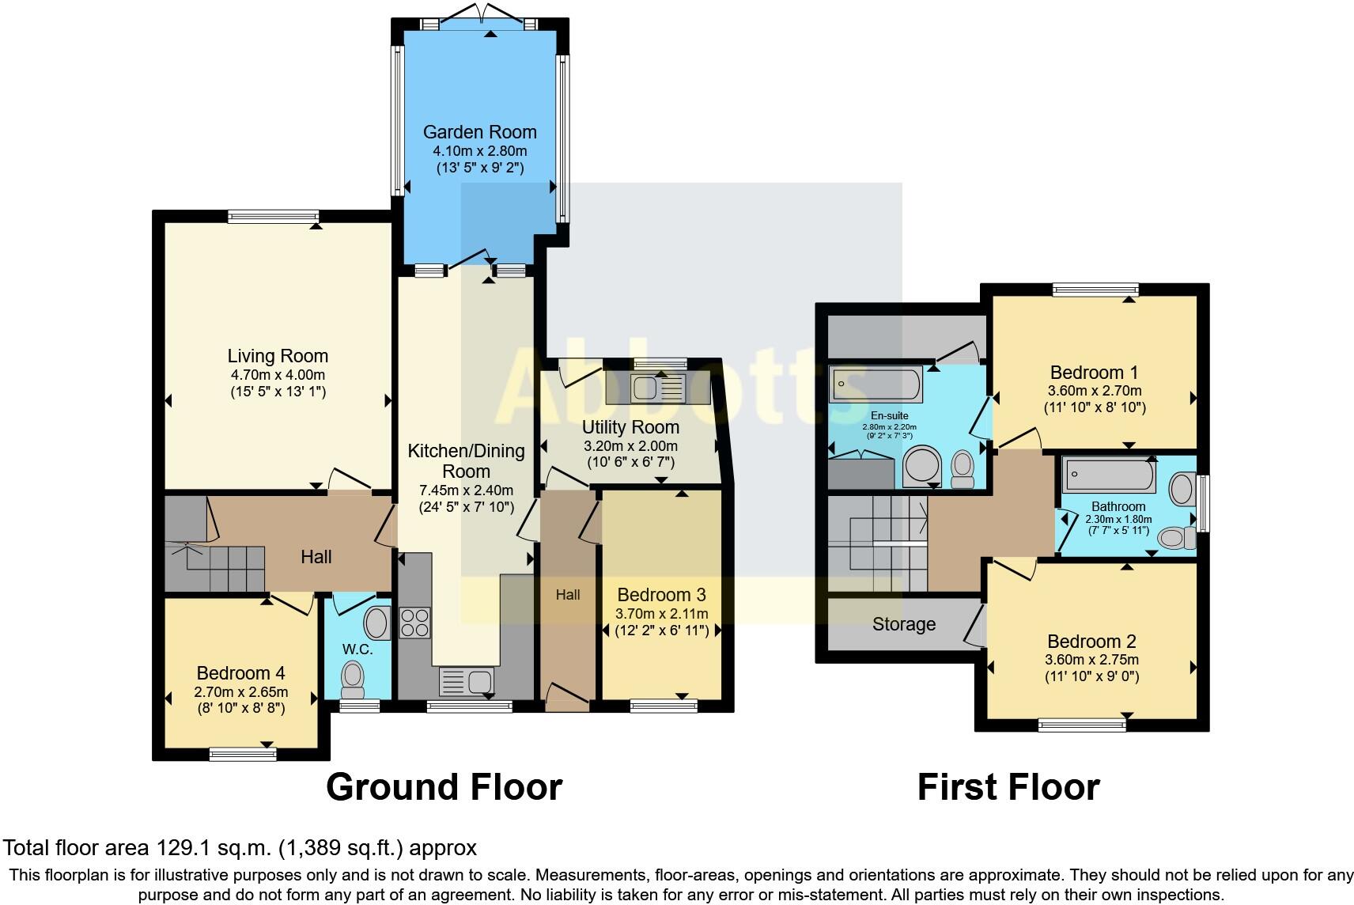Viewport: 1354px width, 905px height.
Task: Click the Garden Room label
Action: click(x=479, y=132)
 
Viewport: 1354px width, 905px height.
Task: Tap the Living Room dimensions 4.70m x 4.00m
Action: click(x=277, y=375)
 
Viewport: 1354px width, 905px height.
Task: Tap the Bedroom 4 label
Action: click(x=240, y=673)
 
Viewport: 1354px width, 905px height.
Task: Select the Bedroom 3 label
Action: click(x=661, y=595)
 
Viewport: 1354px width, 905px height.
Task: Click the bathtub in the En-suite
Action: click(x=876, y=384)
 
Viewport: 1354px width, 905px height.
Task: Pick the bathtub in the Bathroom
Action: click(x=1110, y=475)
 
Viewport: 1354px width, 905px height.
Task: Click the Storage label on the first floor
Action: click(x=903, y=624)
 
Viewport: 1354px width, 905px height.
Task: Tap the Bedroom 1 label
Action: click(x=1093, y=372)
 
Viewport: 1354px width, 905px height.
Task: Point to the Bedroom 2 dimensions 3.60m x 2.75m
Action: click(x=1092, y=660)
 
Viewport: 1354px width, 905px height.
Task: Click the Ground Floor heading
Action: click(x=444, y=787)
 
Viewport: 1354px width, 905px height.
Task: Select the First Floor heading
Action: click(x=1008, y=787)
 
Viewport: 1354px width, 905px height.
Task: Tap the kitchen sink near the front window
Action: click(x=467, y=681)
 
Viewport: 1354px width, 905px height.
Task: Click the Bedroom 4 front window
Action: click(x=243, y=755)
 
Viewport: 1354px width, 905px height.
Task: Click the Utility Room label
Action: click(x=630, y=427)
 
